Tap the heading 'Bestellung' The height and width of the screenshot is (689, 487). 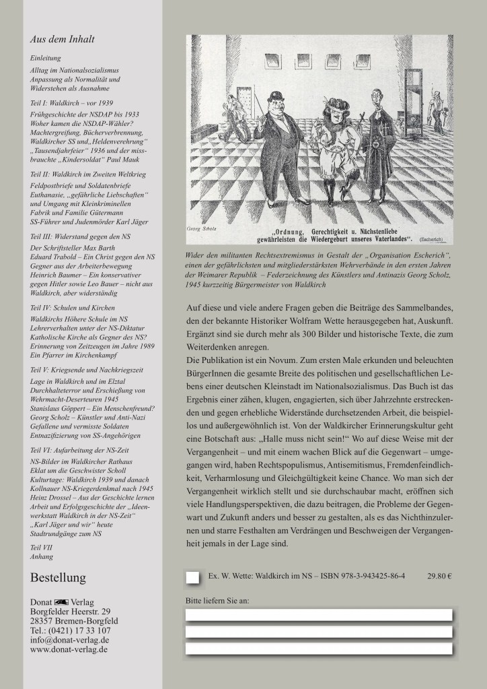[59, 578]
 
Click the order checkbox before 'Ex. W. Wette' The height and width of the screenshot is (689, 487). [193, 577]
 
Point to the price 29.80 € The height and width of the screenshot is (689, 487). [439, 577]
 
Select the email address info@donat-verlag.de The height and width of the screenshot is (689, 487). [70, 640]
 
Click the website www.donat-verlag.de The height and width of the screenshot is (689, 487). [69, 650]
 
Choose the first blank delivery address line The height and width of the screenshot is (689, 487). [317, 614]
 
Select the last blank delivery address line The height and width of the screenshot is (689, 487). [317, 649]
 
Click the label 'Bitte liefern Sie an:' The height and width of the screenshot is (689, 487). [216, 599]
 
